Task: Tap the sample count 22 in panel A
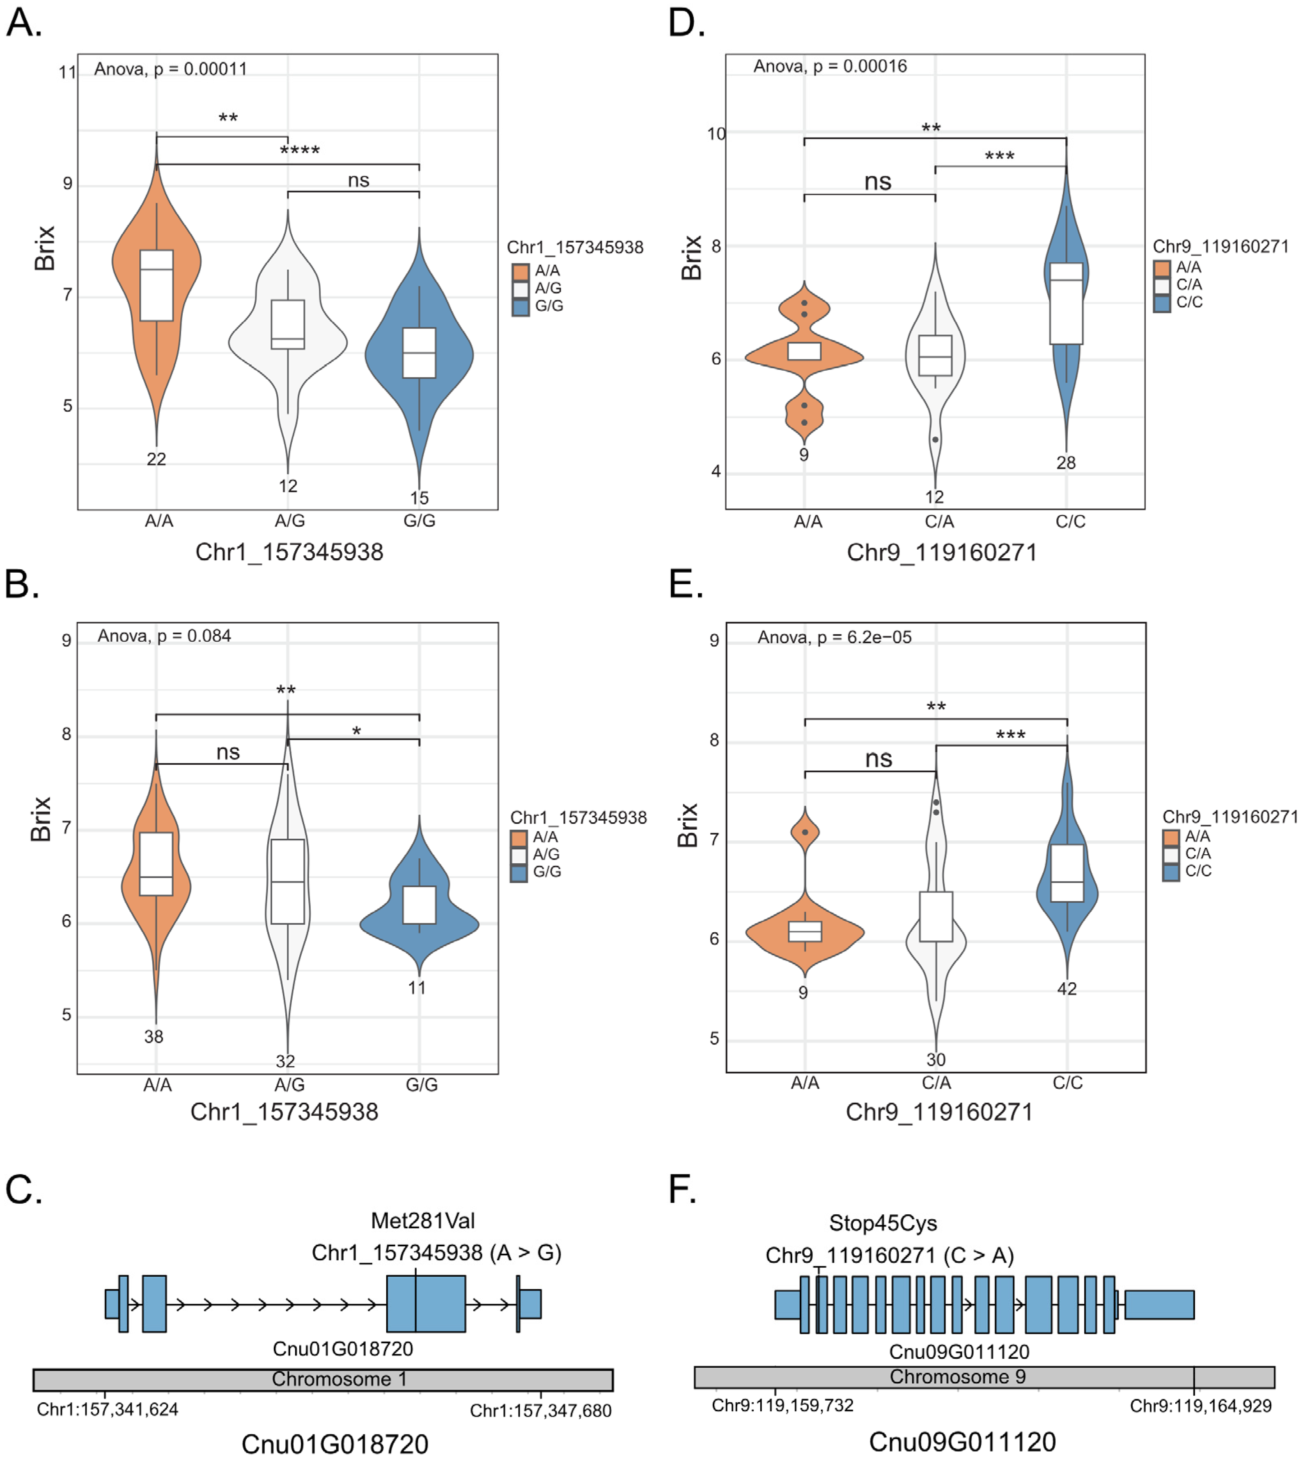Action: coord(156,459)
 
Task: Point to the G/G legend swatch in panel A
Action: coord(521,306)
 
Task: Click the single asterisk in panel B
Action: coord(356,731)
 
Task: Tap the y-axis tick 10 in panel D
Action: coord(716,134)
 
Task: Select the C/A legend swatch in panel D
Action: coord(1161,285)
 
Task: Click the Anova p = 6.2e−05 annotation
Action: coord(834,637)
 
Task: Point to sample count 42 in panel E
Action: coord(1067,989)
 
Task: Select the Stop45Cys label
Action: coord(883,1222)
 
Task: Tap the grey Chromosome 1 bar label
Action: coord(340,1378)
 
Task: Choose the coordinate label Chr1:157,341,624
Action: coord(108,1409)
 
